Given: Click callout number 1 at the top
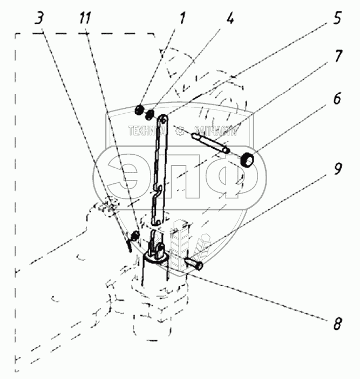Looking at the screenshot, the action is (182, 19).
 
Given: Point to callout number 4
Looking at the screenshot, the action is (230, 19).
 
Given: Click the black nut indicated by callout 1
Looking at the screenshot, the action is (139, 111).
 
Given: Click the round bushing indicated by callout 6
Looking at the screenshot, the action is (248, 160).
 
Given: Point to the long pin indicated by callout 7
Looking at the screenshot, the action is (210, 142).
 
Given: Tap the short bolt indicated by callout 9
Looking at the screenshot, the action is (192, 264).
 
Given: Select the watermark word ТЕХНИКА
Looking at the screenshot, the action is (146, 130).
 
